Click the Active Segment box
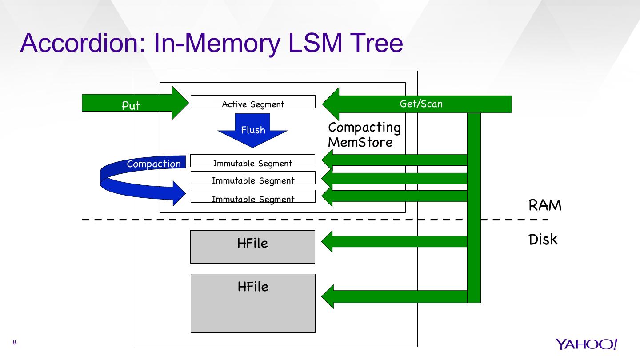coord(253,102)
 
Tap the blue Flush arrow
coord(252,130)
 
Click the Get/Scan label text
coord(421,104)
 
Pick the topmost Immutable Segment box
coord(252,161)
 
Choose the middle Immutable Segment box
coord(253,178)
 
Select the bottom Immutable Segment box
coord(253,196)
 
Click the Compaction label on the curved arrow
coord(154,164)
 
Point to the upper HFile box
coord(252,247)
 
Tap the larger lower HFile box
coord(253,303)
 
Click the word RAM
coord(545,205)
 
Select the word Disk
coord(543,240)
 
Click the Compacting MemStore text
coord(364,135)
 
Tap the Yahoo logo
coord(586,344)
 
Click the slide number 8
coord(15,342)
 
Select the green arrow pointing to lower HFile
coord(393,296)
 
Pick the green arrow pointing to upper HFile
coord(393,241)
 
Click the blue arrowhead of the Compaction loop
coord(178,193)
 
